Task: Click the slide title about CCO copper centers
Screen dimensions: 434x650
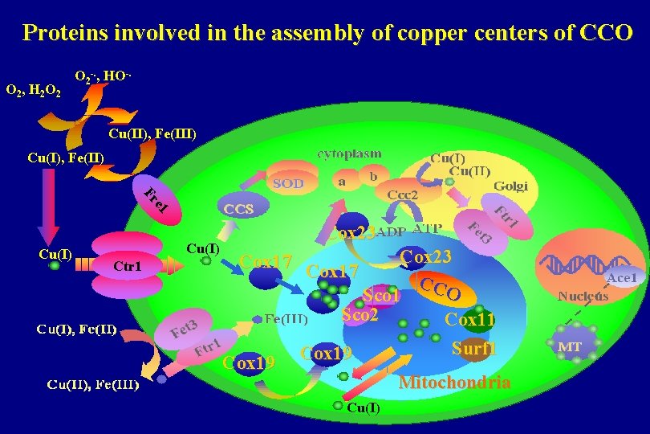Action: click(327, 33)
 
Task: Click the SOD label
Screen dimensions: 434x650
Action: click(289, 183)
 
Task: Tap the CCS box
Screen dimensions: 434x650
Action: click(239, 209)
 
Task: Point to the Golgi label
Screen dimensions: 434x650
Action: click(510, 186)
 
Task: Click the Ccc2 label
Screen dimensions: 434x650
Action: click(402, 194)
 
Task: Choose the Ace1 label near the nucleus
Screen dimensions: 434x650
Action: click(622, 277)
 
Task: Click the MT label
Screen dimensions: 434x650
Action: click(571, 346)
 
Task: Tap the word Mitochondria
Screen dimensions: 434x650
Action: click(454, 382)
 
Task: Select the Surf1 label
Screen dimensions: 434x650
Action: click(474, 349)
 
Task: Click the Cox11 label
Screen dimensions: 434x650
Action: click(470, 320)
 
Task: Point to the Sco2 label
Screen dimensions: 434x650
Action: click(360, 315)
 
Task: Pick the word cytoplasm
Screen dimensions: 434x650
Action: click(349, 153)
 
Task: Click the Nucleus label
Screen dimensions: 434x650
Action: click(583, 295)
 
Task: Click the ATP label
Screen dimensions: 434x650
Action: click(427, 230)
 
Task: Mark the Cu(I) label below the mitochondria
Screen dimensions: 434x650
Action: click(363, 407)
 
